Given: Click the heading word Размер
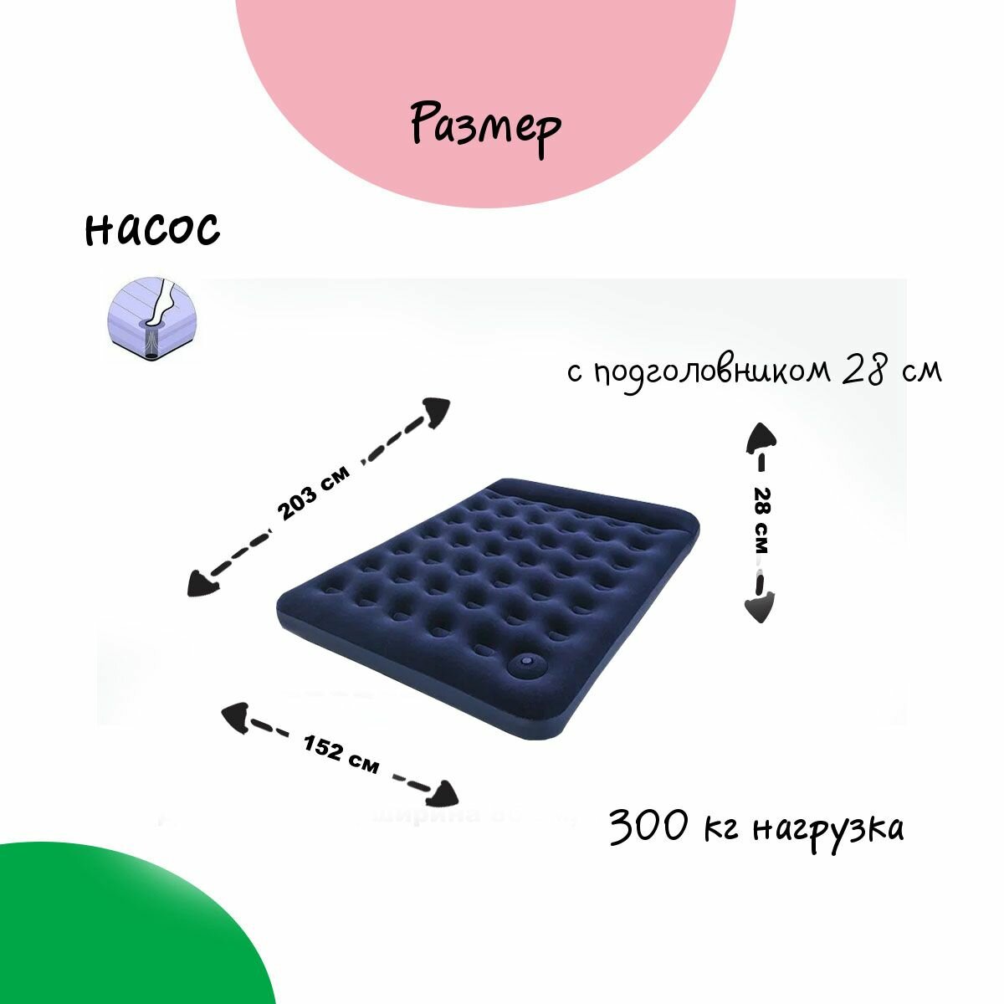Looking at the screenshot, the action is [485, 126].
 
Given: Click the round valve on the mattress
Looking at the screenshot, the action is [525, 665].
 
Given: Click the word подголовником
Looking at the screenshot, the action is [711, 372].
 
